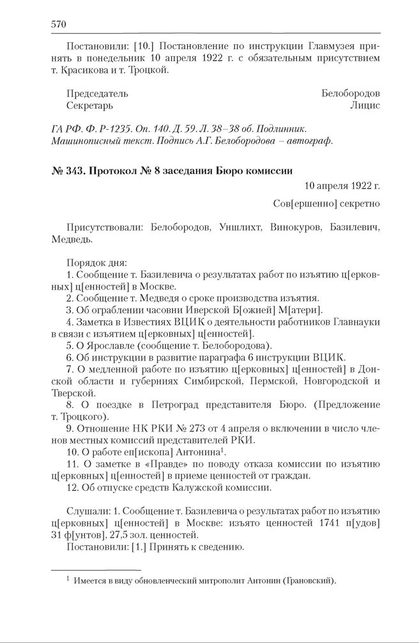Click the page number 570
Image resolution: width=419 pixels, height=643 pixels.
(58, 24)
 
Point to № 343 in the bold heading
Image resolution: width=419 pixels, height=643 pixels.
(66, 171)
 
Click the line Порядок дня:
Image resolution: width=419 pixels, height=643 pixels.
(96, 262)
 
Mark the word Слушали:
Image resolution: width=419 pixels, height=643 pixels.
(87, 511)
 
